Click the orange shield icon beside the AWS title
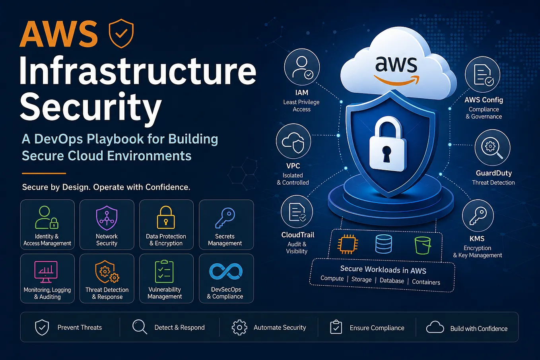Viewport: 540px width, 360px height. (121, 33)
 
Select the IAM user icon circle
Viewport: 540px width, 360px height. (302, 67)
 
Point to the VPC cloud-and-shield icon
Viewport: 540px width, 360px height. (293, 141)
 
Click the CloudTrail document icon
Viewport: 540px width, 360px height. (297, 212)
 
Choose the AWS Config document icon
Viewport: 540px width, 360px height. (483, 74)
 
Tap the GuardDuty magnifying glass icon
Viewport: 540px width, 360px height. (492, 147)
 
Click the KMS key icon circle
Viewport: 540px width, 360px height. (478, 216)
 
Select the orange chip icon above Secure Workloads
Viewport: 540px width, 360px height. (348, 244)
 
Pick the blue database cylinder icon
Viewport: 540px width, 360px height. (384, 244)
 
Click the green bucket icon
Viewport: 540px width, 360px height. (422, 245)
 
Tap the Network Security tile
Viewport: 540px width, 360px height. (107, 224)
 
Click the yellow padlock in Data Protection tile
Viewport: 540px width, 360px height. (166, 217)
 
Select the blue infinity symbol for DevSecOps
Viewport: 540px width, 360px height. (226, 271)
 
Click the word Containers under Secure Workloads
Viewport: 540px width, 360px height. (426, 282)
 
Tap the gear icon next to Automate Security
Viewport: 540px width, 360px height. (239, 327)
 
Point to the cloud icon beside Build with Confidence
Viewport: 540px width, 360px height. (435, 327)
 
